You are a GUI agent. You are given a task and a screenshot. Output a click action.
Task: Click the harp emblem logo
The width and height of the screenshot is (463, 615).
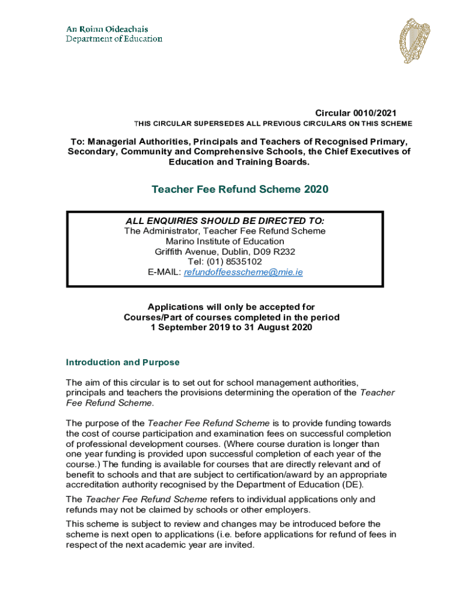(415, 41)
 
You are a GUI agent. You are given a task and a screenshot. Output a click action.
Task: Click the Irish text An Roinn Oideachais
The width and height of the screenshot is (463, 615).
(107, 29)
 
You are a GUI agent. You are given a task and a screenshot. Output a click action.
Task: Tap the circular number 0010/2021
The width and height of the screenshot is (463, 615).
(374, 113)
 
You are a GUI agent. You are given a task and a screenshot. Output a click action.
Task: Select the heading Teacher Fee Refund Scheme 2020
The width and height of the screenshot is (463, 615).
(240, 190)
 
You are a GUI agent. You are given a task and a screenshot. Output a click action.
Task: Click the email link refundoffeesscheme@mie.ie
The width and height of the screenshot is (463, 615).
(244, 272)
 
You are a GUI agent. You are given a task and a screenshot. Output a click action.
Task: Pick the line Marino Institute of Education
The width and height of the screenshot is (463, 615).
(225, 241)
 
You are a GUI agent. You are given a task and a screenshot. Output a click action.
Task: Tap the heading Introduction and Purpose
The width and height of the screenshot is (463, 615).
(123, 363)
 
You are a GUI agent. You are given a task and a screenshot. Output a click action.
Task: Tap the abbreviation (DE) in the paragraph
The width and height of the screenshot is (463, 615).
(352, 485)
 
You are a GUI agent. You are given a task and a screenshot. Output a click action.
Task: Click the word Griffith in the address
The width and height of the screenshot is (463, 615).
(171, 252)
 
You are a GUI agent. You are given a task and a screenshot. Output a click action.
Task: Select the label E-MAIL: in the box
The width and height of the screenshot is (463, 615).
(164, 272)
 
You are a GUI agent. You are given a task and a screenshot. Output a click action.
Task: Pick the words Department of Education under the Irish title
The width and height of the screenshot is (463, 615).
(114, 39)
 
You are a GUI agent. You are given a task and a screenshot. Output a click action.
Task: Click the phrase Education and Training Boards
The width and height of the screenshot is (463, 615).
(239, 162)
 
